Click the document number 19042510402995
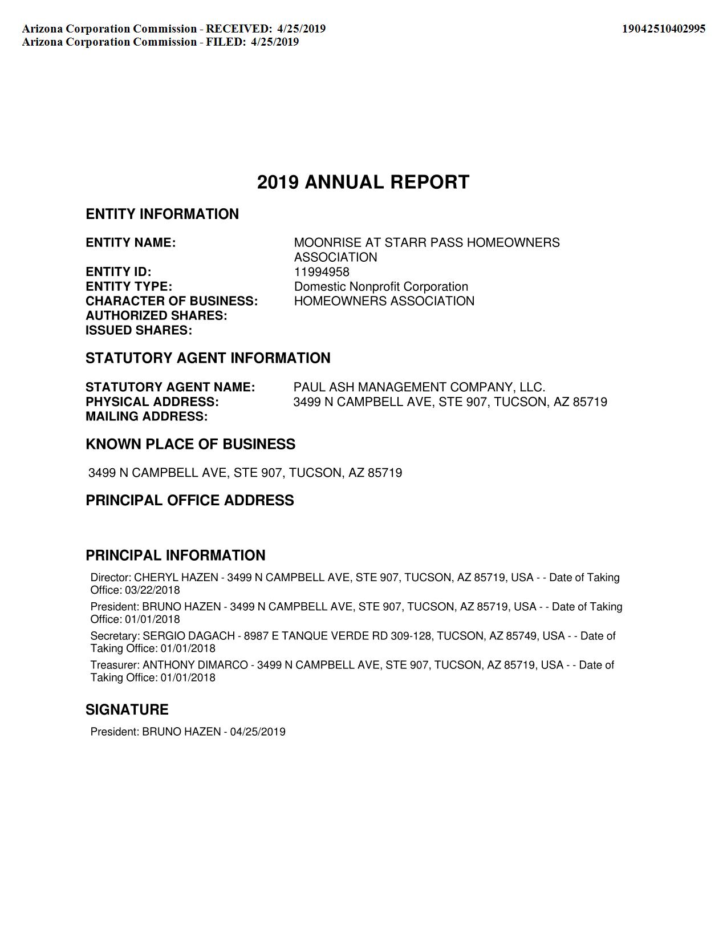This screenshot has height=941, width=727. click(x=663, y=29)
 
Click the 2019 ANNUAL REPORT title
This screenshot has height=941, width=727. click(x=363, y=182)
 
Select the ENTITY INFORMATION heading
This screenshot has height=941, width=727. click(x=162, y=214)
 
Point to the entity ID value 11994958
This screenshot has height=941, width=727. click(x=322, y=272)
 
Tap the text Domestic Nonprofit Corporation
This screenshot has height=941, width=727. click(x=381, y=287)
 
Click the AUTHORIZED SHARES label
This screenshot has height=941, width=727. click(x=156, y=316)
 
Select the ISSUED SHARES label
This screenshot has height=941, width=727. click(x=139, y=331)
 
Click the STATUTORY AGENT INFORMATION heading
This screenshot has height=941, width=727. click(x=208, y=358)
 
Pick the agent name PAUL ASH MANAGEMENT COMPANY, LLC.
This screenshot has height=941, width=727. click(x=419, y=387)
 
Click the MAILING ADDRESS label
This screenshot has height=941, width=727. click(x=147, y=417)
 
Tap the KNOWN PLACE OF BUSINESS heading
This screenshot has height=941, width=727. click(x=190, y=444)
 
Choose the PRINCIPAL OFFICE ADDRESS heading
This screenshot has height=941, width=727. click(x=190, y=500)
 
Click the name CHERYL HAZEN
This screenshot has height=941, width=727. click(x=176, y=578)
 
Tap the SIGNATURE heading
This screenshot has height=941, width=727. click(x=127, y=709)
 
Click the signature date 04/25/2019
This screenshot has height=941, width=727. click(x=258, y=732)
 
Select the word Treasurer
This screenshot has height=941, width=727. click(x=115, y=665)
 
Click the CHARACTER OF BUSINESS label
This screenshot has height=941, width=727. click(x=172, y=301)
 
